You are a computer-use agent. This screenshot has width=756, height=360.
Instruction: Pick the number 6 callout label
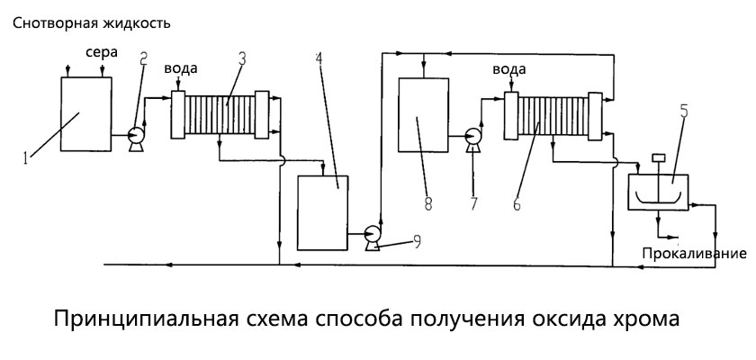[x=516, y=205]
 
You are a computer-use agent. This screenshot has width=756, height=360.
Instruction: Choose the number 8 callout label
[x=428, y=203]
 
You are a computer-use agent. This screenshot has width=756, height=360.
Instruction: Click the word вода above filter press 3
[x=180, y=69]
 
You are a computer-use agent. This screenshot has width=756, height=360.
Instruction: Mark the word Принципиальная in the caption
[x=146, y=320]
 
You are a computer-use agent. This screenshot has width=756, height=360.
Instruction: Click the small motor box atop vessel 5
[x=657, y=158]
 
